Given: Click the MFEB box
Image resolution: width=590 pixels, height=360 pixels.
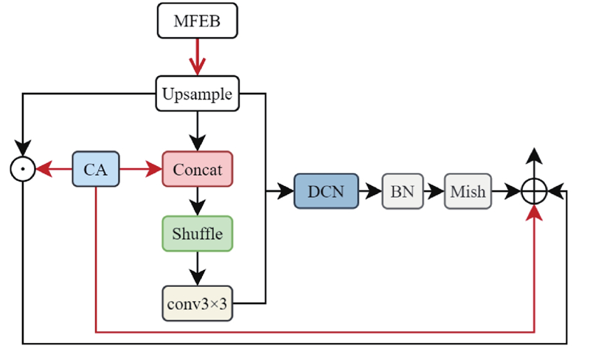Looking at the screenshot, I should (x=197, y=21).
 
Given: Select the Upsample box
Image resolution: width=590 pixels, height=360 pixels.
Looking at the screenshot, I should (x=197, y=94).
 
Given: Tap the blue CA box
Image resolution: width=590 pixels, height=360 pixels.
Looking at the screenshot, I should (x=95, y=169).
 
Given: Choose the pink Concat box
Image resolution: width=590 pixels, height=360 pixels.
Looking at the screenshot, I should (x=197, y=169).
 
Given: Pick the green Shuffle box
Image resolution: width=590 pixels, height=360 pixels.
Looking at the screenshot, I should (x=197, y=234).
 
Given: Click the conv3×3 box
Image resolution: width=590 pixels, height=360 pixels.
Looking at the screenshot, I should (x=197, y=302).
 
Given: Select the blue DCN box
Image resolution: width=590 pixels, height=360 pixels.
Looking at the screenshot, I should (x=325, y=192).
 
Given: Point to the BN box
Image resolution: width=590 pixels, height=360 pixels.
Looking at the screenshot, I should (x=402, y=192).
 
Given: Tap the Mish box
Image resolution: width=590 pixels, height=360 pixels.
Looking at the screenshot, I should (x=468, y=192).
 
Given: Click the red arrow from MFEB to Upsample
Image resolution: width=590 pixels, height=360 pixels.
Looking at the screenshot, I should (x=197, y=57).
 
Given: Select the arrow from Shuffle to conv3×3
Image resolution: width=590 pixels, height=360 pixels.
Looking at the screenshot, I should (x=197, y=268).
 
